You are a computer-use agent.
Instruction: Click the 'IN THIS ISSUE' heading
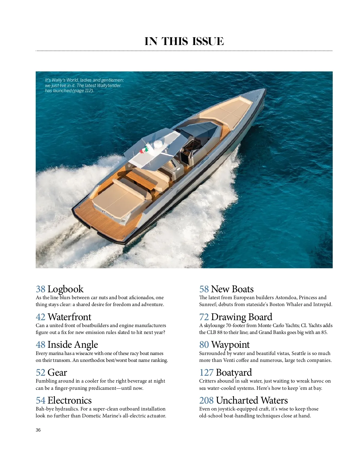click(184, 41)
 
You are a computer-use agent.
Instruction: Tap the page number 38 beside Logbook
click(40, 289)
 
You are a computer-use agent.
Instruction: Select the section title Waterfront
click(69, 317)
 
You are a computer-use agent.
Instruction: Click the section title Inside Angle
click(73, 344)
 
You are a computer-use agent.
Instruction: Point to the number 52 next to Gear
click(40, 372)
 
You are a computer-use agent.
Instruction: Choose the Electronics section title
click(69, 400)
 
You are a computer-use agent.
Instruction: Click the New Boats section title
click(232, 289)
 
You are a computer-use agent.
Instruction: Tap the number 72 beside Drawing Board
click(204, 317)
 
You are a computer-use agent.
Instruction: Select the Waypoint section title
click(230, 344)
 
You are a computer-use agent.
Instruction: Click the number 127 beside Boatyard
click(206, 372)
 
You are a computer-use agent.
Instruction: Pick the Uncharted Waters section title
click(252, 400)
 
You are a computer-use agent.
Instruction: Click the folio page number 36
click(38, 430)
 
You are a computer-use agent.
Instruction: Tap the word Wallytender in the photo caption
click(109, 86)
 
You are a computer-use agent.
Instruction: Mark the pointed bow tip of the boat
click(264, 90)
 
